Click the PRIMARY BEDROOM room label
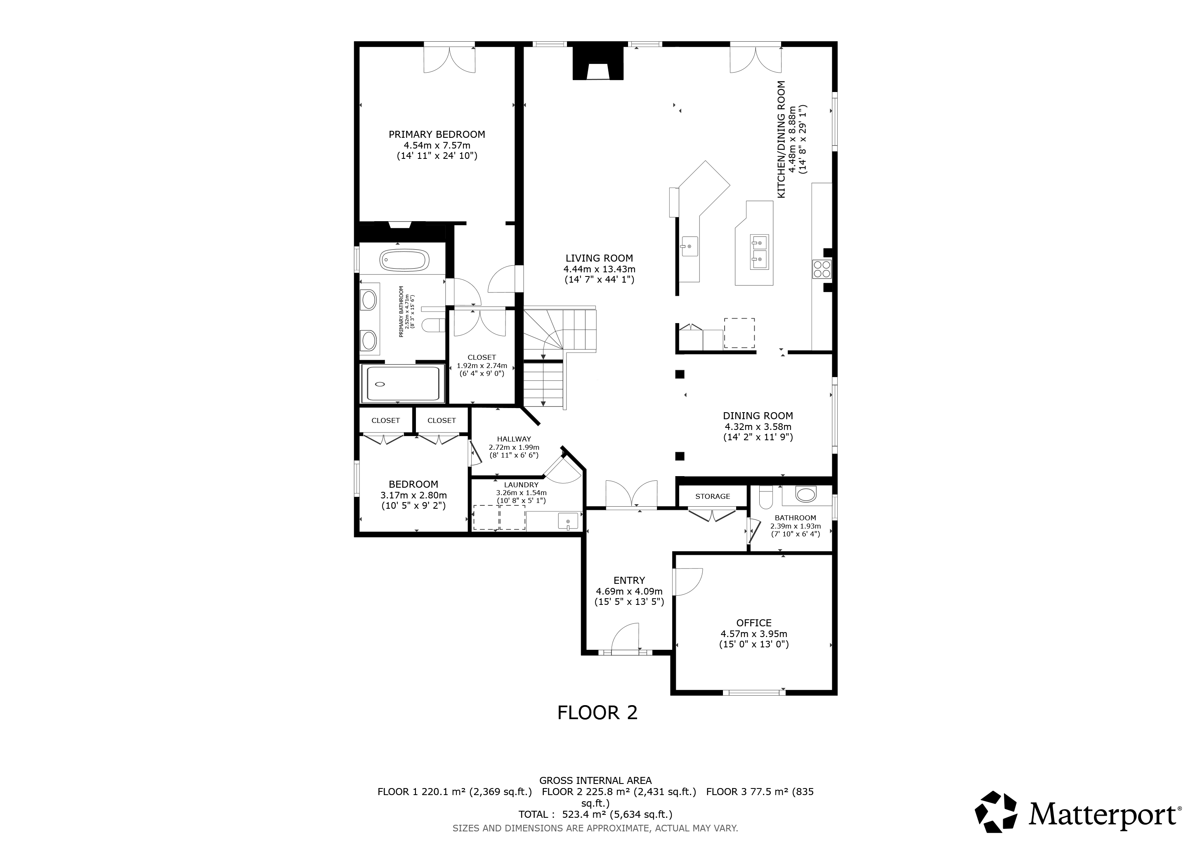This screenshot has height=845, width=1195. coord(437,134)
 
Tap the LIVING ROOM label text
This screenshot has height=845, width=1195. coord(599,258)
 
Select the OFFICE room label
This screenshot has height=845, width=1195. coord(753,623)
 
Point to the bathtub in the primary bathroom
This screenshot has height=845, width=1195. coord(404,260)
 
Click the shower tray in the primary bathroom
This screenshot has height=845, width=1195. coord(403,384)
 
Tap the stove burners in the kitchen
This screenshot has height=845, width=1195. coord(822,269)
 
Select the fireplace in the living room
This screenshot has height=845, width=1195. coord(598,63)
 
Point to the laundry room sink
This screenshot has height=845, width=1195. coord(568,520)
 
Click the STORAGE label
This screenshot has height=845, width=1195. coord(713,496)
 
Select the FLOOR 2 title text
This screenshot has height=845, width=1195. coord(597,712)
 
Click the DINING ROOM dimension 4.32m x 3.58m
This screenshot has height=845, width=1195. coord(758,427)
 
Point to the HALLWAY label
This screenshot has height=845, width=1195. coord(514,439)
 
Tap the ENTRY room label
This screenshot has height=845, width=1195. coord(629,580)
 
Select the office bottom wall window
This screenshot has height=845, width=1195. coord(753,692)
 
